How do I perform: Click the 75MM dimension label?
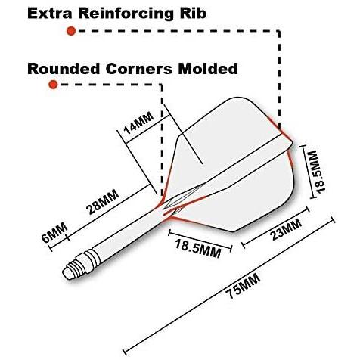[243, 286]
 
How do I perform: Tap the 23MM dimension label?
[286, 230]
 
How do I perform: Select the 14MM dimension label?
[138, 123]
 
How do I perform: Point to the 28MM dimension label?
[102, 202]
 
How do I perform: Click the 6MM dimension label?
[54, 232]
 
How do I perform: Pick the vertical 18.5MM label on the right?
[318, 172]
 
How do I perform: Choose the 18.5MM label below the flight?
[197, 248]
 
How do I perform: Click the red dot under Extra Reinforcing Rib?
[71, 31]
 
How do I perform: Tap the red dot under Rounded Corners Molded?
[53, 85]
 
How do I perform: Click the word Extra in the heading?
[49, 14]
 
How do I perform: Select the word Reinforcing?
[126, 14]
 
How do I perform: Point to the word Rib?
[193, 14]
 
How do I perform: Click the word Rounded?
[64, 69]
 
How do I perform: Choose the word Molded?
[208, 68]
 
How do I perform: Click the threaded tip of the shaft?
[79, 266]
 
